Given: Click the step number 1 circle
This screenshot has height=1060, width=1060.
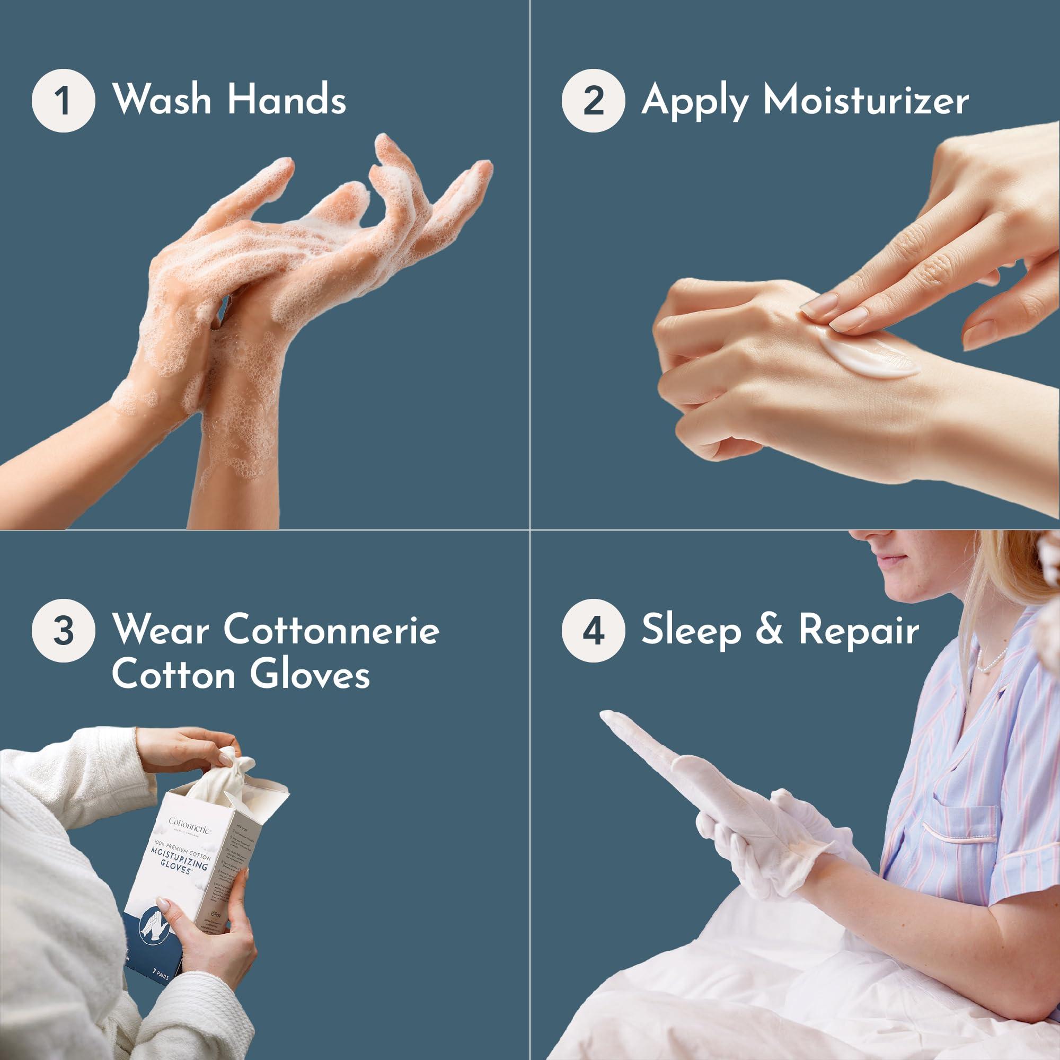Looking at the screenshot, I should [x=63, y=100].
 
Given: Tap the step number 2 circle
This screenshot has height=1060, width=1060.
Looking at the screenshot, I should [x=593, y=100].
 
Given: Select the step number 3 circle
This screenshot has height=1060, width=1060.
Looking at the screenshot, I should [x=63, y=630].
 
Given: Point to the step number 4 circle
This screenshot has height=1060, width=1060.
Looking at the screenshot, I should [x=593, y=630].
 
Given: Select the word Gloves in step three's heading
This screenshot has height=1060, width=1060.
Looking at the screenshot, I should [x=310, y=675].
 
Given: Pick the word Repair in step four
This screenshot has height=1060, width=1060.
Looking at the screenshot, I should [x=859, y=630].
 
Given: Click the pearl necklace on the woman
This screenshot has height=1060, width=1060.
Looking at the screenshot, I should [x=993, y=660].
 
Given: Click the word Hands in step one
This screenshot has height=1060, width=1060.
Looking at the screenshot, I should [x=286, y=99].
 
